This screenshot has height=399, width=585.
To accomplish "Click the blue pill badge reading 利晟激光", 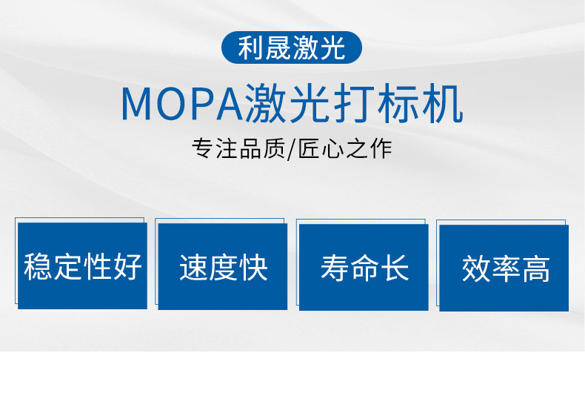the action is point(291,47).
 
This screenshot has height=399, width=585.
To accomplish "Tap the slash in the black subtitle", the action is point(291,149).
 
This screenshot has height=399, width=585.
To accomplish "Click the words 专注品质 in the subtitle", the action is point(238,148).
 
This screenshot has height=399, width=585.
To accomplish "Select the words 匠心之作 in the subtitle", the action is point(344,148).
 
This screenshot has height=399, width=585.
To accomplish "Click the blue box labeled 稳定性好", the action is point(82,266).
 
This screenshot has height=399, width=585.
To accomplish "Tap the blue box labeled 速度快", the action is point(223,266).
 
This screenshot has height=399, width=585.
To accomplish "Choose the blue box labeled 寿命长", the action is point(364,267).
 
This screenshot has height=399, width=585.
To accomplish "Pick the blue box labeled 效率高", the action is point(504,268).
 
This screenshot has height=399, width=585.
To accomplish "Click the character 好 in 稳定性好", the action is point(128,266).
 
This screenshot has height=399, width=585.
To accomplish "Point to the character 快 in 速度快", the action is point(254,268).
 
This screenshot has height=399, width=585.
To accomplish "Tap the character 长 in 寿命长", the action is point(395,268).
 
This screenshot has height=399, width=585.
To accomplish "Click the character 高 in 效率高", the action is point(535,269).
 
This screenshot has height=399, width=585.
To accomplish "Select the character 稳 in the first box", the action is point(38,266).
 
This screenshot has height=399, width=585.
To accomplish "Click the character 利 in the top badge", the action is point(252,47).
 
